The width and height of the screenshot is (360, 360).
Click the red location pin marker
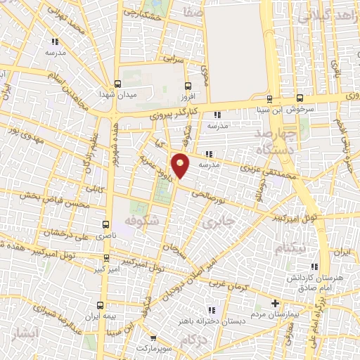181,165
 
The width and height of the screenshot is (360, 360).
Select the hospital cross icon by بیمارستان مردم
276,303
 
